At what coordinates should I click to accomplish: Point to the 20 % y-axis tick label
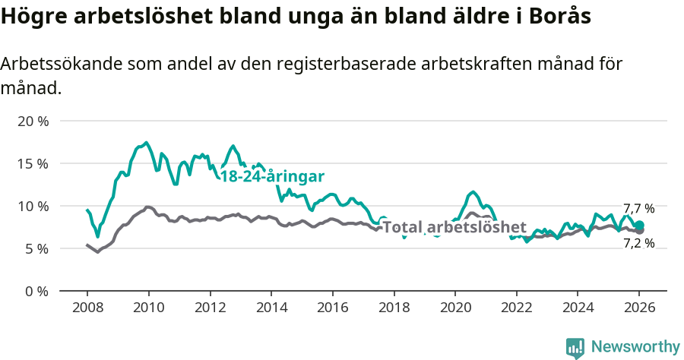[33, 121]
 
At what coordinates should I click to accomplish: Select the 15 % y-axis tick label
[33, 163]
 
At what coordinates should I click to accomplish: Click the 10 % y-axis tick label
[33, 206]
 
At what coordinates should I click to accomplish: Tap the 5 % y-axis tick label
[36, 248]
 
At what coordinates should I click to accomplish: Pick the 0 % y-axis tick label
[36, 291]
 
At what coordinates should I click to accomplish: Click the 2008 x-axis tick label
[87, 308]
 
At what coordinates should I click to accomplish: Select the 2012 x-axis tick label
[209, 308]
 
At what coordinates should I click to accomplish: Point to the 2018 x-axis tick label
[393, 308]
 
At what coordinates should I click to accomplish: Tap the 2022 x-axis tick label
[516, 308]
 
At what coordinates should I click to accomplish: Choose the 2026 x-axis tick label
[638, 308]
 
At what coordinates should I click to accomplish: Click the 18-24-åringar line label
[272, 176]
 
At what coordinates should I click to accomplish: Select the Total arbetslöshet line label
[454, 227]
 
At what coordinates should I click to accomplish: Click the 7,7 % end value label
[638, 209]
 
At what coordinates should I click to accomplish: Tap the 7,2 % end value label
[638, 243]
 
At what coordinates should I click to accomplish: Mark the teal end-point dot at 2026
[639, 225]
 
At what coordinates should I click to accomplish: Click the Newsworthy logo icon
[575, 347]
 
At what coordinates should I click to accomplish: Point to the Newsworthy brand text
[635, 347]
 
